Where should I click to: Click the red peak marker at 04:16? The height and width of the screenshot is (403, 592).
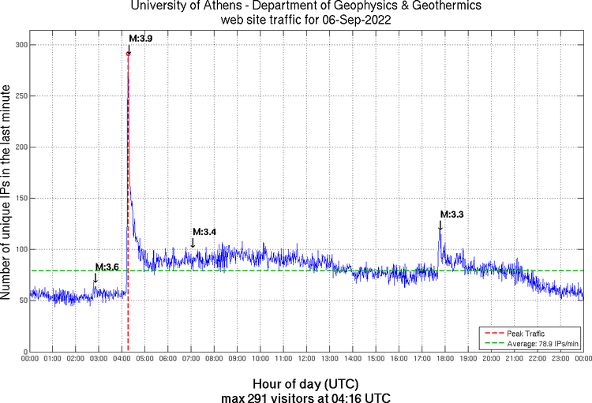(128, 54)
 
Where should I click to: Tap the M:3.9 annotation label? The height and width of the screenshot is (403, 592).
(141, 38)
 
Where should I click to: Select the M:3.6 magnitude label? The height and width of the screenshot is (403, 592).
(107, 267)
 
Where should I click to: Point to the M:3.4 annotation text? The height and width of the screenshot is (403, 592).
(204, 231)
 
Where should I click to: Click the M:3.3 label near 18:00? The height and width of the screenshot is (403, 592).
(452, 214)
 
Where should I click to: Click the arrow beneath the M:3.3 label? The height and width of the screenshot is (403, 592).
(440, 226)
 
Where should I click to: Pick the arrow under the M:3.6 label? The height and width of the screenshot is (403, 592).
(96, 278)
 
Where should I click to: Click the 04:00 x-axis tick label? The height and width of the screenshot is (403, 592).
(122, 359)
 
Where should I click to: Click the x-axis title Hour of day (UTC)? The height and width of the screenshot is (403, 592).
(306, 382)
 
